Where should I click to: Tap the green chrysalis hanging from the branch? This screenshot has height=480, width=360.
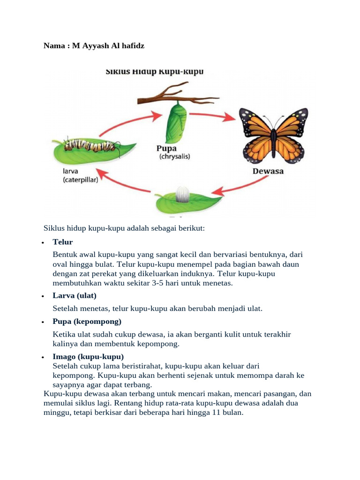point(175,124)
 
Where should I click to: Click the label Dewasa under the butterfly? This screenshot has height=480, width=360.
point(268,172)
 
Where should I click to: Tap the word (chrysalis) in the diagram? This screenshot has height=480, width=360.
point(173,157)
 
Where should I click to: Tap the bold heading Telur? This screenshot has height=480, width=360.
point(63,242)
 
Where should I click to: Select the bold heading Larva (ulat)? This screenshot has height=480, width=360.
point(75,295)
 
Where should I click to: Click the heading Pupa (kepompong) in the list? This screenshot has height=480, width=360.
point(87,322)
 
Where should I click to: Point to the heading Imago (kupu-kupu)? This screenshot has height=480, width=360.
point(88,357)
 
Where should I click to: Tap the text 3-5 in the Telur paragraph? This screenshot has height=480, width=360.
point(168,284)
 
